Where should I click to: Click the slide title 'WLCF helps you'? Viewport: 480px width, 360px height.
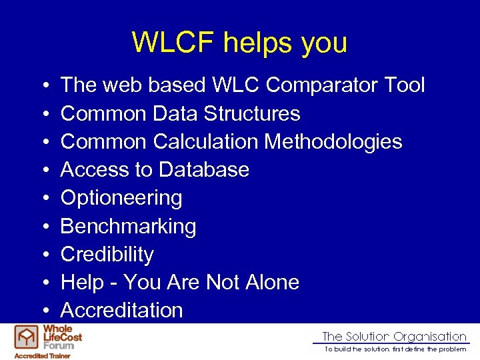239,43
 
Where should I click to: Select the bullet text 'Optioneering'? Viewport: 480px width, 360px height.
121,198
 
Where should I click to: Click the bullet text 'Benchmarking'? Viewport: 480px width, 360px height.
128,227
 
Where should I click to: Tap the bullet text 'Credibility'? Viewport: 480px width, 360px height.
107,254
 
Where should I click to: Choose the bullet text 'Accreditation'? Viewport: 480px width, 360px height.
121,310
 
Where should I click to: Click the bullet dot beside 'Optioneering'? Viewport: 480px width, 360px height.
43,199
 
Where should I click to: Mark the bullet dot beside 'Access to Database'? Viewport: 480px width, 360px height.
43,171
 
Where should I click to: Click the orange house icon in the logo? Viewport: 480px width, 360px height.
27,337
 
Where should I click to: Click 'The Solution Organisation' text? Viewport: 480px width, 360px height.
394,337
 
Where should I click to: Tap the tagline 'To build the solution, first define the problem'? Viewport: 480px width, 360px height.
395,349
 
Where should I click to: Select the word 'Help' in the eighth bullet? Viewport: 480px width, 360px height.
79,282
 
